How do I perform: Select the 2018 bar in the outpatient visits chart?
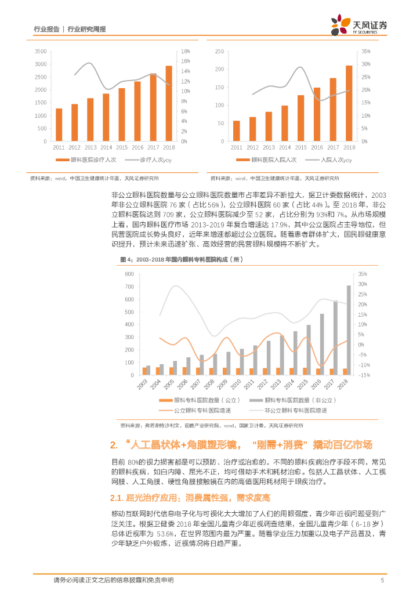point(168,103)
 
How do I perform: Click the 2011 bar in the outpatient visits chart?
point(59,125)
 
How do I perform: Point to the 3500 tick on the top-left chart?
point(41,51)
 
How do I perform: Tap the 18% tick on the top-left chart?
point(186,51)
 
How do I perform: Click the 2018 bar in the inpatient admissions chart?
point(349,103)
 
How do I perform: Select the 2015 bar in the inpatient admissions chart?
point(300,118)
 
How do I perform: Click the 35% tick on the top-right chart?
point(366,51)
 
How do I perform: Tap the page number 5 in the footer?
point(382,579)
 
